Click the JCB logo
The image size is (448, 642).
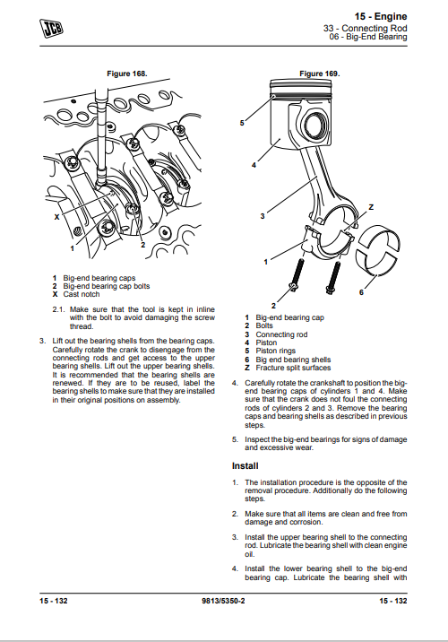coord(52,29)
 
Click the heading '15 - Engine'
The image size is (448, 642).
coord(381,16)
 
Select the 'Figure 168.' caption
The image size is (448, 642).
coord(127,74)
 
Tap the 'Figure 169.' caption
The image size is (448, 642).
coord(320,74)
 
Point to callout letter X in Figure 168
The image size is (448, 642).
coord(56,217)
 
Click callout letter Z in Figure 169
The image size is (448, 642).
coord(371,207)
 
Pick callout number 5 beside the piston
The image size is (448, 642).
coord(242,123)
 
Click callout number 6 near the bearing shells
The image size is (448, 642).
coord(361,292)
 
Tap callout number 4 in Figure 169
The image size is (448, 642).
coord(254,165)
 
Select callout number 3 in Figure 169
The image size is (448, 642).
coord(263,216)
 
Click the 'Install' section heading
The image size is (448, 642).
coord(246,466)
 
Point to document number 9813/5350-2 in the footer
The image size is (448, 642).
coord(223,601)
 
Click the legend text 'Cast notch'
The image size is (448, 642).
coord(82,294)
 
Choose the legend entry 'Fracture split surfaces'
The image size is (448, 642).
coord(293,368)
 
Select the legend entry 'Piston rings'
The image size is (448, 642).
coord(276,351)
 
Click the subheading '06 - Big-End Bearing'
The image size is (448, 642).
coord(368,37)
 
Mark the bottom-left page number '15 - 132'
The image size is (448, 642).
coord(54,601)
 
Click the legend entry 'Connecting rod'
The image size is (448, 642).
coord(281,334)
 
